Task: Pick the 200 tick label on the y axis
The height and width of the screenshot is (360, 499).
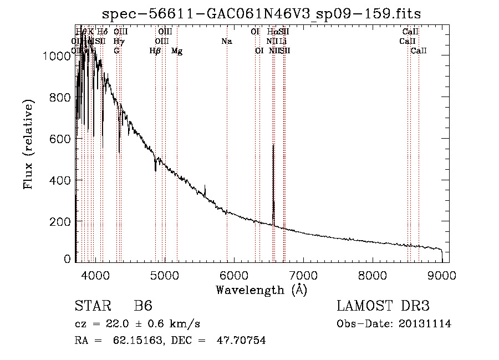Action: (x=62, y=222)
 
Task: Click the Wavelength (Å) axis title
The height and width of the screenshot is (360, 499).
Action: (x=261, y=290)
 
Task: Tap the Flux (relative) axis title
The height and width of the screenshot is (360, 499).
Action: (x=29, y=144)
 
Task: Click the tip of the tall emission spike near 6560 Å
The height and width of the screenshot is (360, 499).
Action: (x=273, y=145)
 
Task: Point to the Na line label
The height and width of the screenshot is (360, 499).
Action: (x=226, y=41)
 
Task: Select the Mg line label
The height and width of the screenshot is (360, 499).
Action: (x=177, y=51)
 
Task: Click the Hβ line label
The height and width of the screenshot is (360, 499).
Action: (x=155, y=51)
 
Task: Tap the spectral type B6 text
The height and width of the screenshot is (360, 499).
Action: (x=143, y=306)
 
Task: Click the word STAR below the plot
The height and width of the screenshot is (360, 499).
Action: (x=92, y=306)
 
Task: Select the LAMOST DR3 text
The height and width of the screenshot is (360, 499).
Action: (x=383, y=306)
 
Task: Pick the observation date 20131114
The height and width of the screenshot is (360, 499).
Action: (x=425, y=324)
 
